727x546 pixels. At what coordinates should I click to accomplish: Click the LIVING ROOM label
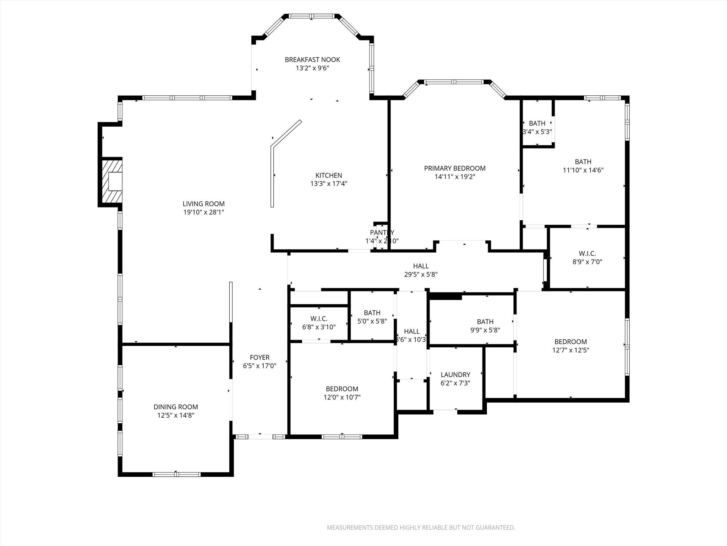(x=203, y=204)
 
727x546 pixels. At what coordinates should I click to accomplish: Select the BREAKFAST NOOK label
(x=312, y=60)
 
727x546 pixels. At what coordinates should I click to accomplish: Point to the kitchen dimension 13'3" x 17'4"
(x=329, y=184)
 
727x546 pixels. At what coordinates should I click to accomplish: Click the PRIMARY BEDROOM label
(x=455, y=168)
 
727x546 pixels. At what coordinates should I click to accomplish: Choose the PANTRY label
(x=382, y=232)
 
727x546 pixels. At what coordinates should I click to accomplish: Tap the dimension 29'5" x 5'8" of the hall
(x=421, y=274)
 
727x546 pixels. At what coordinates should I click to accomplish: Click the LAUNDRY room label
(x=455, y=375)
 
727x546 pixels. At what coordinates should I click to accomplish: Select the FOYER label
(x=259, y=357)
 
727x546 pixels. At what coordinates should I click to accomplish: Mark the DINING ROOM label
(x=176, y=407)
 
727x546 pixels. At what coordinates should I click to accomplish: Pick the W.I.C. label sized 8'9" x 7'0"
(x=587, y=253)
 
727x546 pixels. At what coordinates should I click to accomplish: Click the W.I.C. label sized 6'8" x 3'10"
(x=319, y=318)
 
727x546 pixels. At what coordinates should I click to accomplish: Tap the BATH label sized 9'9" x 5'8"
(x=485, y=321)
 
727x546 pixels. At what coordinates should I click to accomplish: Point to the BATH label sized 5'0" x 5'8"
(x=372, y=313)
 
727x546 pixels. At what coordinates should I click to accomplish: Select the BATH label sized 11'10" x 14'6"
(x=583, y=162)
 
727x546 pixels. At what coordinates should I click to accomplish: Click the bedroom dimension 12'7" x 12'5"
(x=570, y=350)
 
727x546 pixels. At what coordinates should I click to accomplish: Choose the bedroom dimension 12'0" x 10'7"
(x=342, y=397)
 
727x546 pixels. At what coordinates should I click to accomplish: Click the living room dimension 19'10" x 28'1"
(x=203, y=212)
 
